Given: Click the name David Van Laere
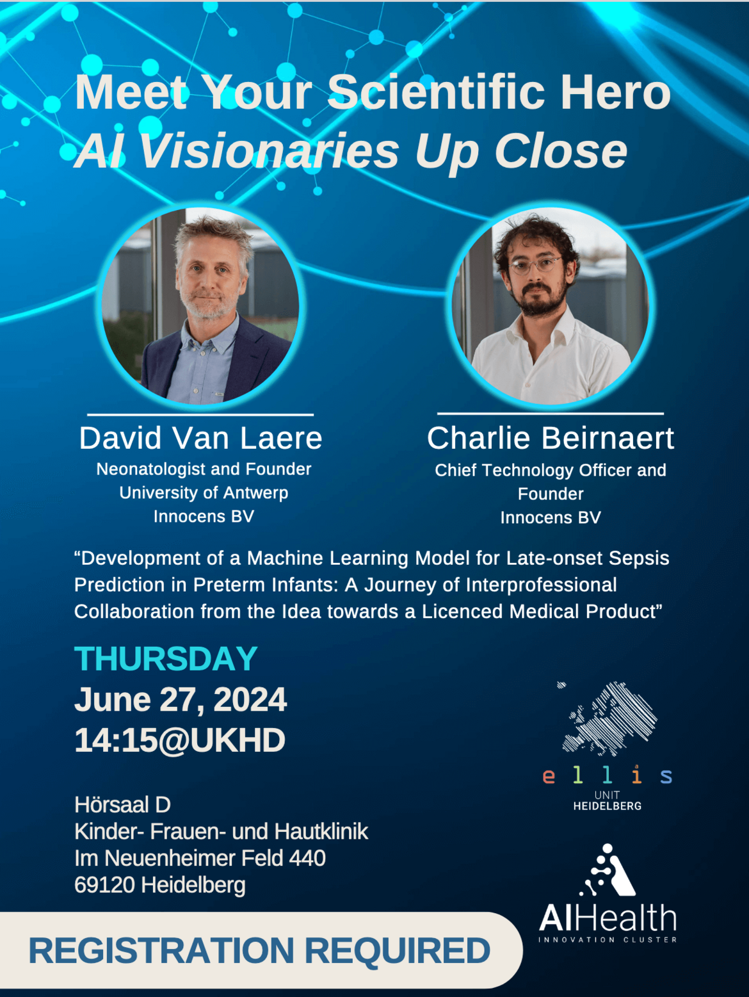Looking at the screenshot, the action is click(x=200, y=438).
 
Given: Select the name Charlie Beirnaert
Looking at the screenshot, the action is click(x=550, y=438).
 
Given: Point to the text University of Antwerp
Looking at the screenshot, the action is click(x=204, y=492).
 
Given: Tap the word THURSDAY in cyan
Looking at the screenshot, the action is click(x=166, y=659).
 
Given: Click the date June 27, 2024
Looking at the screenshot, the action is click(x=181, y=700).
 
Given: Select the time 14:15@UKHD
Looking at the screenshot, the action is click(x=181, y=740).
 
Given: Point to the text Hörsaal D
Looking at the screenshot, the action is click(x=122, y=804).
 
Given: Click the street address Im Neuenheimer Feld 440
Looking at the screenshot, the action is click(x=200, y=858).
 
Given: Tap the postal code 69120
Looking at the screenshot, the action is click(x=105, y=885).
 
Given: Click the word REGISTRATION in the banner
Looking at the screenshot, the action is click(x=161, y=950).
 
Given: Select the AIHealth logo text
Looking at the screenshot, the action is click(x=608, y=918).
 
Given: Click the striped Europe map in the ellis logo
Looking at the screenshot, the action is click(x=608, y=718).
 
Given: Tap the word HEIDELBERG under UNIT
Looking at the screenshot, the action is click(x=608, y=806).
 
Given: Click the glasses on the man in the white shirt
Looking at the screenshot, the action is click(x=536, y=265).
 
